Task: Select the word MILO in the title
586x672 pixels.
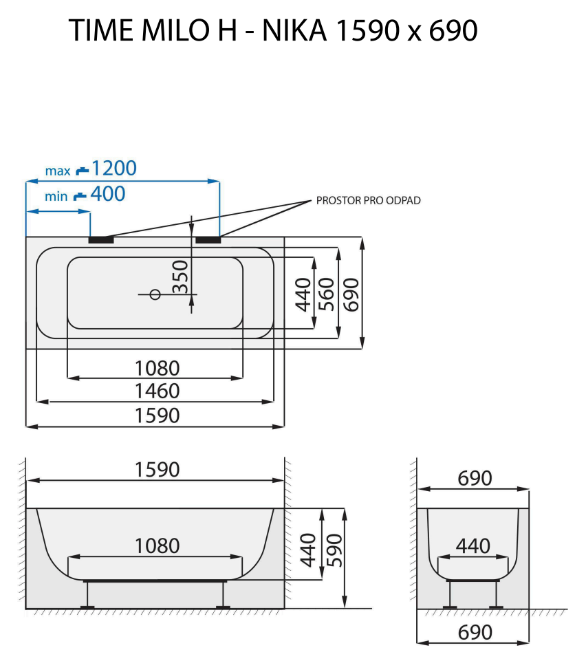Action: pyautogui.click(x=166, y=31)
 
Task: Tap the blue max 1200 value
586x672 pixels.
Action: pyautogui.click(x=114, y=168)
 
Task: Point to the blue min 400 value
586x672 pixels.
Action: pyautogui.click(x=108, y=195)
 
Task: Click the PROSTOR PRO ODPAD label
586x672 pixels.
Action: pyautogui.click(x=368, y=201)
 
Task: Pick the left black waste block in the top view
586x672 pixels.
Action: pyautogui.click(x=101, y=240)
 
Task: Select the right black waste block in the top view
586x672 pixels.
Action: pyautogui.click(x=208, y=240)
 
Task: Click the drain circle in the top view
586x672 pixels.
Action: pyautogui.click(x=155, y=294)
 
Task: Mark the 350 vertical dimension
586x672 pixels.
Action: pyautogui.click(x=180, y=276)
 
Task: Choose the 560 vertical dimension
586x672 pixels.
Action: pyautogui.click(x=327, y=294)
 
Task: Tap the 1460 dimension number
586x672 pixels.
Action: pyautogui.click(x=157, y=391)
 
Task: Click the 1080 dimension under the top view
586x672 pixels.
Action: pyautogui.click(x=157, y=368)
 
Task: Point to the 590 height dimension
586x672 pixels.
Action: pyautogui.click(x=333, y=549)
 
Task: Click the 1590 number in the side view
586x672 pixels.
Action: pyautogui.click(x=157, y=470)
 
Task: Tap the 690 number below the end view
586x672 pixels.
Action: pyautogui.click(x=475, y=632)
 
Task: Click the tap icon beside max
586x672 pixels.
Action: pyautogui.click(x=82, y=169)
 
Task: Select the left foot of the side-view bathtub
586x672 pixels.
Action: pyautogui.click(x=87, y=606)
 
